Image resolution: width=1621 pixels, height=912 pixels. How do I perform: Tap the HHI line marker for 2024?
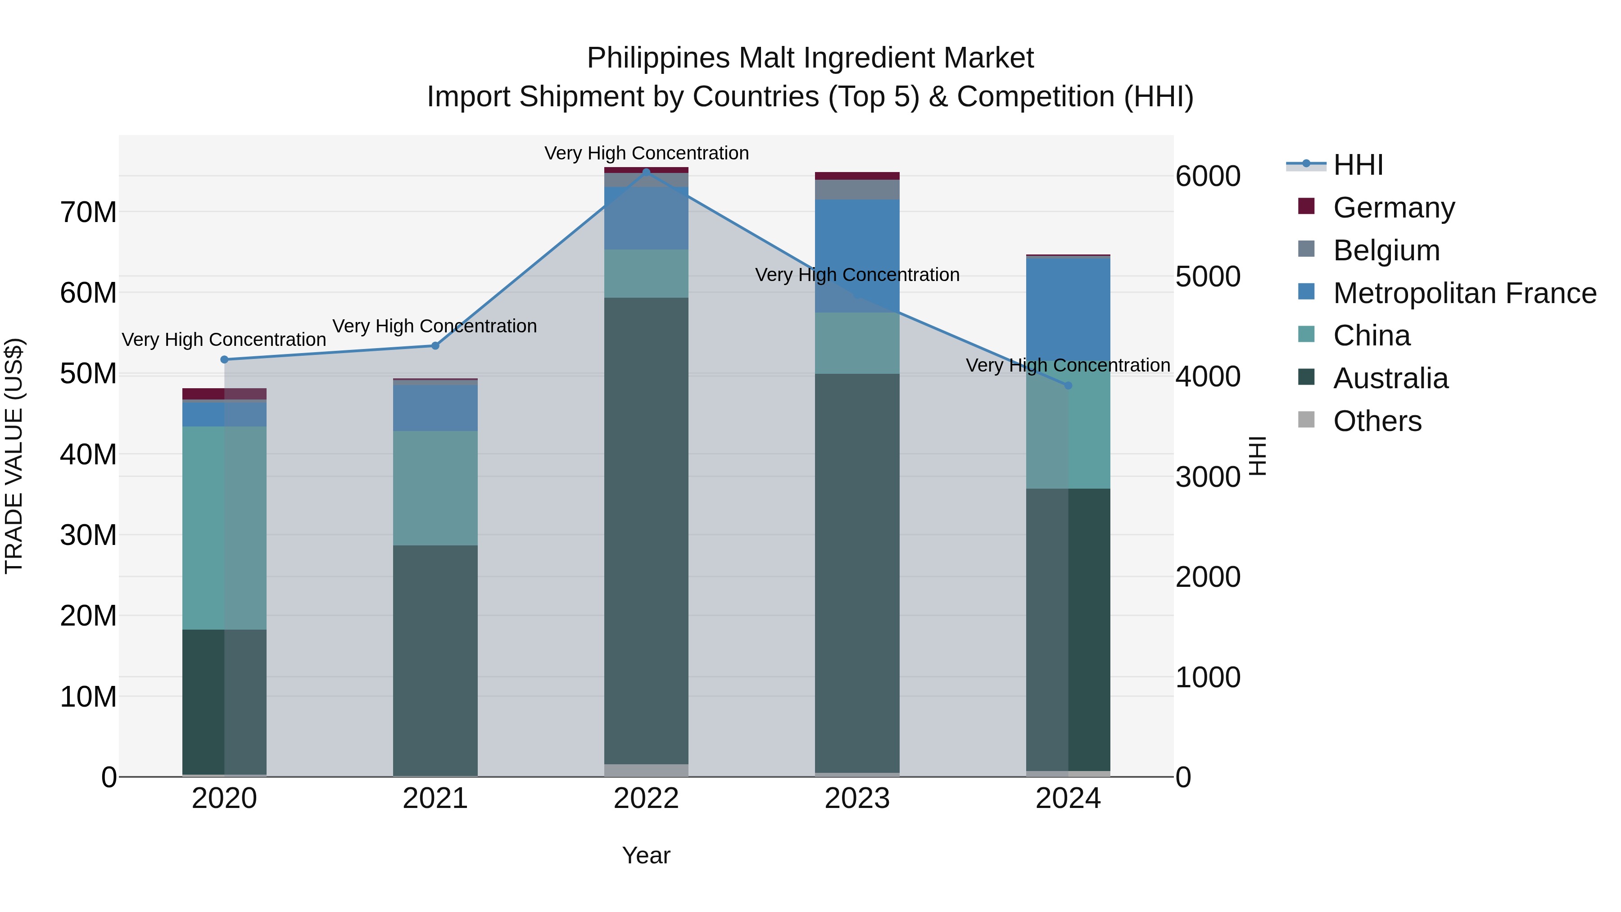[1068, 385]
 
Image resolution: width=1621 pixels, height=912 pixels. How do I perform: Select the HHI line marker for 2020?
[224, 359]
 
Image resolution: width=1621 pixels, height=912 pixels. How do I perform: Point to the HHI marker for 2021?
[435, 345]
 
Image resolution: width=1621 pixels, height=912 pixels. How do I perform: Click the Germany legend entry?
[1393, 208]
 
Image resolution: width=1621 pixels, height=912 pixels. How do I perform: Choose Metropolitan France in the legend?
[1464, 293]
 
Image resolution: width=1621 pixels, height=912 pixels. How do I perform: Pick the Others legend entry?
[1377, 421]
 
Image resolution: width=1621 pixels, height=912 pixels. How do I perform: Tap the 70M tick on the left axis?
[88, 213]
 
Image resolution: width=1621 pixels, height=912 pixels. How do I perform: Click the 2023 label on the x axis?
[856, 799]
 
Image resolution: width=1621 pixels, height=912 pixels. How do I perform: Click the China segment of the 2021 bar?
[435, 488]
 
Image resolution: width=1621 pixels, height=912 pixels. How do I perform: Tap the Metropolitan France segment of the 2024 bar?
[1068, 309]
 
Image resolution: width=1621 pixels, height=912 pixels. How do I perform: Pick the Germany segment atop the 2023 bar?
[856, 176]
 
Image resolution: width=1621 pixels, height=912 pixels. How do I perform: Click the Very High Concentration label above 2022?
[646, 153]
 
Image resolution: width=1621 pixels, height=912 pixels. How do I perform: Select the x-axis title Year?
[646, 855]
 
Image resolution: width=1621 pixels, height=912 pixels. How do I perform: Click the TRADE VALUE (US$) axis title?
[14, 456]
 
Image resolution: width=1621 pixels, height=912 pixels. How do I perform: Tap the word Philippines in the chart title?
[658, 58]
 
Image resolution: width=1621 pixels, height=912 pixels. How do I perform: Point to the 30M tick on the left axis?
[88, 535]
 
